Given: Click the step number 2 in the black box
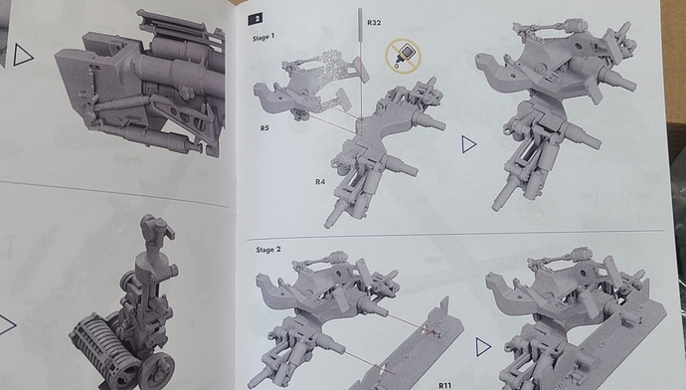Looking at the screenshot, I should coord(258,19).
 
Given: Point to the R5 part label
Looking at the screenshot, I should coord(264,129).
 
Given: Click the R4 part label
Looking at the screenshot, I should coord(321,181).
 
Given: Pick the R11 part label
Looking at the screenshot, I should coord(444,380).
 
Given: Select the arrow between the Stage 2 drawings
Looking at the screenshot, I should coord(482,344).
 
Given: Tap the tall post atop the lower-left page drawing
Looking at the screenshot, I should coord(152,239).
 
